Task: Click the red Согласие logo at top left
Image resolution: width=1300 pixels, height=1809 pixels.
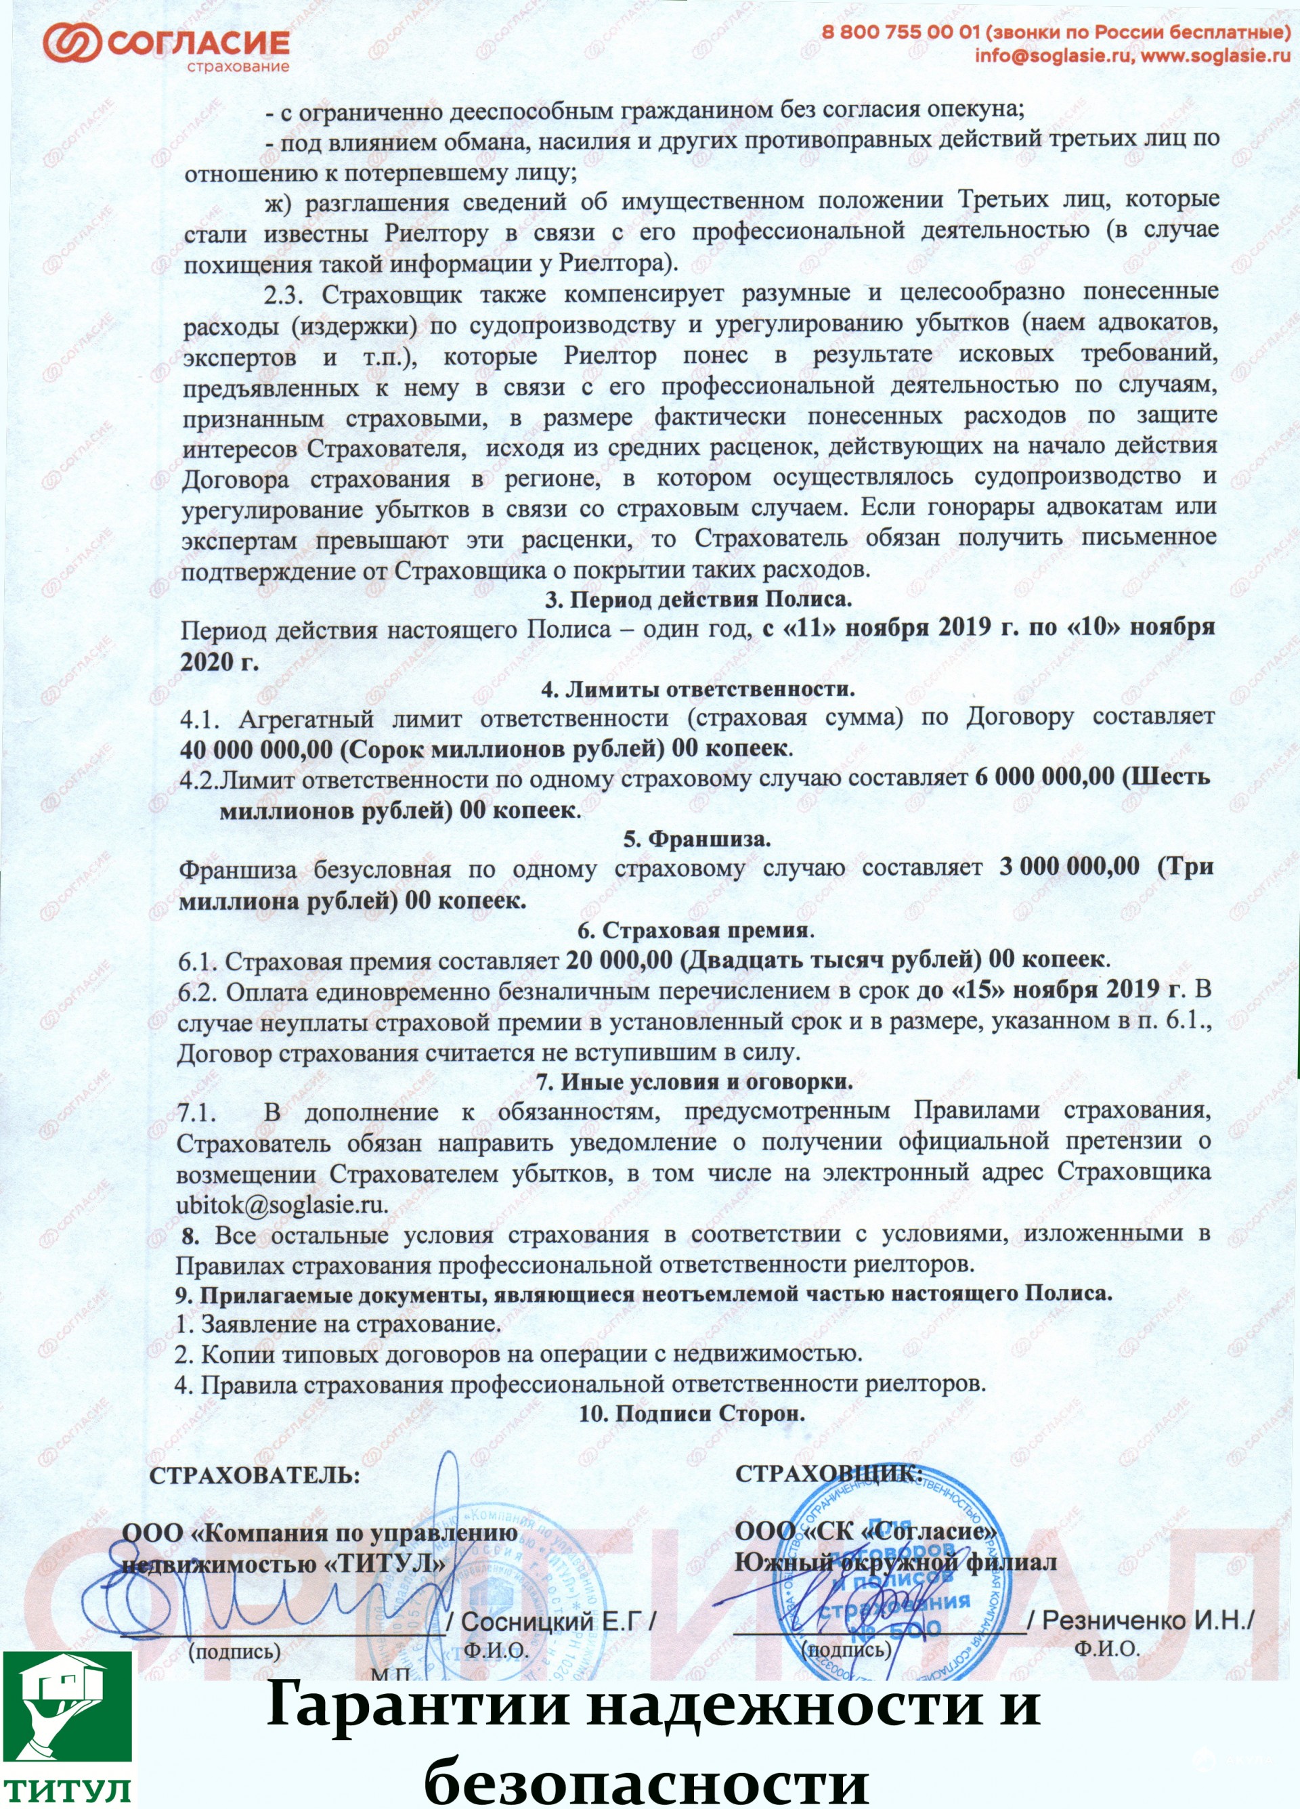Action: [x=166, y=45]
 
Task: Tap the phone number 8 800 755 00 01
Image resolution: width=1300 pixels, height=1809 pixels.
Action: [x=901, y=32]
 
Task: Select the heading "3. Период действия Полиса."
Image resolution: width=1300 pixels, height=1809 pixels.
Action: [x=698, y=599]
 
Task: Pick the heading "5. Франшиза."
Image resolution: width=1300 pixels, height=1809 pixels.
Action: [x=696, y=839]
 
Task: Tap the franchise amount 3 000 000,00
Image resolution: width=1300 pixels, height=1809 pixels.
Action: [x=1068, y=867]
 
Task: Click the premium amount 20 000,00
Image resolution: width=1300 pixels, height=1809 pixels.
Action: [x=619, y=959]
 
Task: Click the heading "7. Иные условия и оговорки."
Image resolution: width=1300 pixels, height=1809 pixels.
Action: [x=695, y=1083]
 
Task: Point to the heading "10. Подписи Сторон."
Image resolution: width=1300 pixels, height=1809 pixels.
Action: [x=691, y=1414]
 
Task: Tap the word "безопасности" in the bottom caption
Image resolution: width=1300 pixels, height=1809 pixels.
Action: [x=646, y=1781]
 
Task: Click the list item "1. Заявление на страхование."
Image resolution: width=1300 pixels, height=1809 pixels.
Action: [x=338, y=1325]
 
